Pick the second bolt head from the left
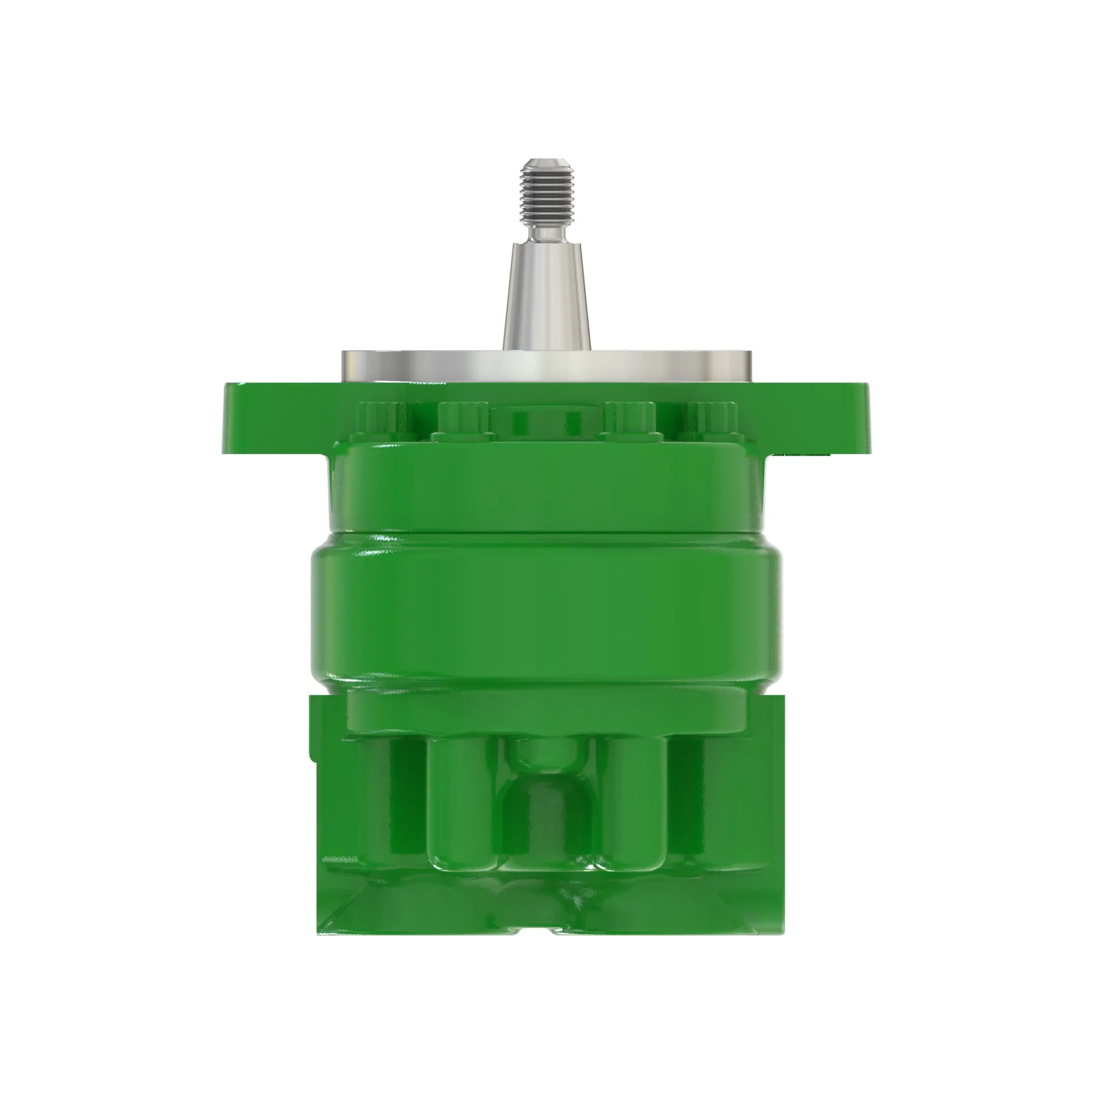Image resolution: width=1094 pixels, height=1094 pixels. coord(463,419)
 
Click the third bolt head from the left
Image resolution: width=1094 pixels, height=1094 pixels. coord(630,419)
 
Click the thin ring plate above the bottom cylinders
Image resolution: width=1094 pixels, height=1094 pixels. coord(546,711)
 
